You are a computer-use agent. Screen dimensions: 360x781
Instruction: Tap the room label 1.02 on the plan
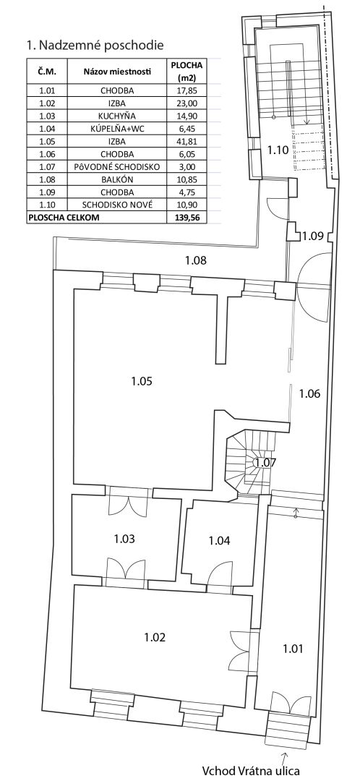coord(155,637)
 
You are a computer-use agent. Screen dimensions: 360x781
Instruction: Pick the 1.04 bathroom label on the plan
coord(219,540)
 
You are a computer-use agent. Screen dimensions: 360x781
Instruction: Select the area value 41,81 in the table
coord(187,142)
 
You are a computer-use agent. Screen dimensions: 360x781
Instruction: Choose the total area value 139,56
coord(187,217)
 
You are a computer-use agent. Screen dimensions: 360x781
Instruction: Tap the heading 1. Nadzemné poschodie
coord(95,46)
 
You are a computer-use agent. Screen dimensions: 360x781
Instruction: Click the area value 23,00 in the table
coord(187,103)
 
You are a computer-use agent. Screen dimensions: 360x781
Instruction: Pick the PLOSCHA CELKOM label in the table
coord(65,217)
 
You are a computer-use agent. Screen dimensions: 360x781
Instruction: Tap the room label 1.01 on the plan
coord(293,649)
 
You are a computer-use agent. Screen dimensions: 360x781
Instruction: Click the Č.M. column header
coord(46,72)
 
